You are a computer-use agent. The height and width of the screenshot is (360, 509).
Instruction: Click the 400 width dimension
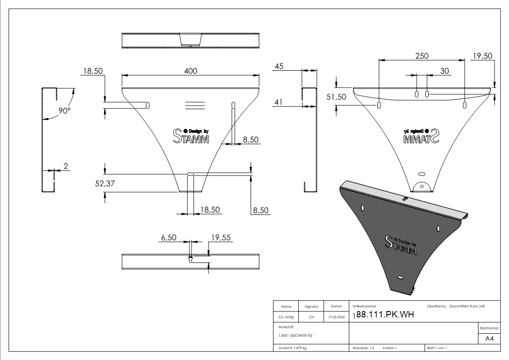[190, 71]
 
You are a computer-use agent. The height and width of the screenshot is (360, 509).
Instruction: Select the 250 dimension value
[422, 56]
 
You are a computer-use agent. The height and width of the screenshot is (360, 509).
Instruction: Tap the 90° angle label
[65, 110]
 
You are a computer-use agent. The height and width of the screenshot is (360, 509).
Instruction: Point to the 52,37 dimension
[105, 183]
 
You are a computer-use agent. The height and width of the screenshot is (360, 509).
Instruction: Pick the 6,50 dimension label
[169, 237]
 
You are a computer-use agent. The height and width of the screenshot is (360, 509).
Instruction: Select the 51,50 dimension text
[336, 97]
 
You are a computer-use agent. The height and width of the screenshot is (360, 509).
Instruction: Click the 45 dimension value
[279, 66]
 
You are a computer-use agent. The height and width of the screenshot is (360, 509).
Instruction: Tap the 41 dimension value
[279, 103]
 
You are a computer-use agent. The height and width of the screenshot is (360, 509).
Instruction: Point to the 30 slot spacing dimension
[445, 71]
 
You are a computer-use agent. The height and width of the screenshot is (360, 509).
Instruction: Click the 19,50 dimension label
[482, 56]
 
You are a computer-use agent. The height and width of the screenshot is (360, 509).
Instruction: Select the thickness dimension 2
[66, 166]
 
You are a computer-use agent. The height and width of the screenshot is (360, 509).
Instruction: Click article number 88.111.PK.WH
[385, 315]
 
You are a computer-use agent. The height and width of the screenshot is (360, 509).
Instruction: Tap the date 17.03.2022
[336, 317]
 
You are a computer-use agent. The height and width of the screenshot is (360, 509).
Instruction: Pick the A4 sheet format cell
[489, 339]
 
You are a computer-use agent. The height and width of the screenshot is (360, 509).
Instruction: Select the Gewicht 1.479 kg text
[293, 348]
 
